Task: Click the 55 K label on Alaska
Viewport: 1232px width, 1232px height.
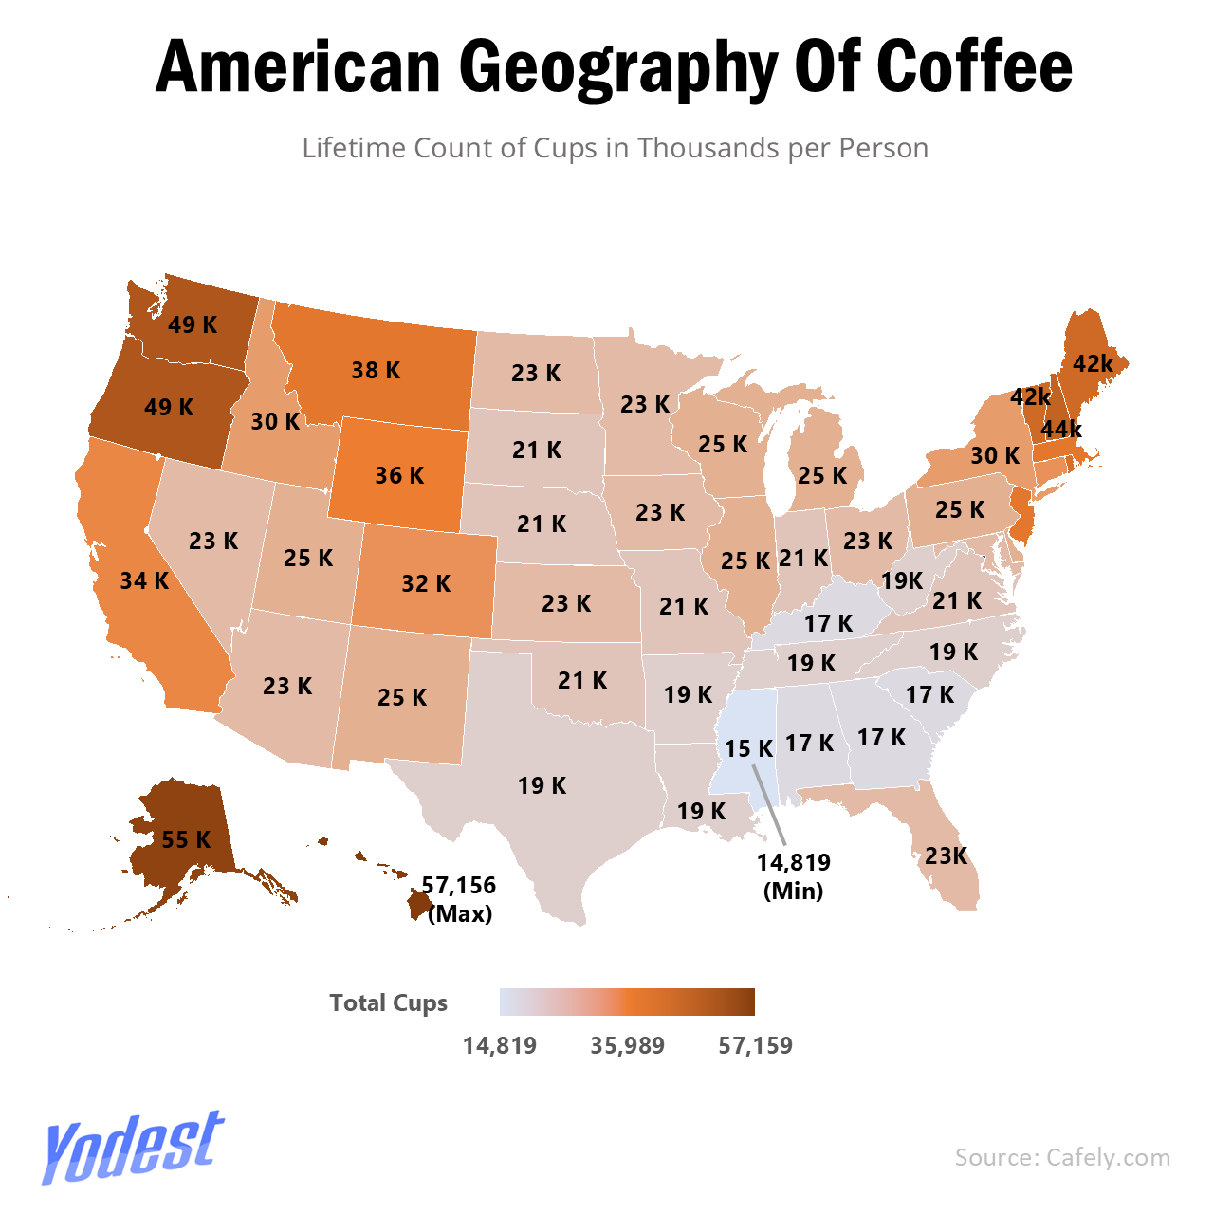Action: click(x=187, y=839)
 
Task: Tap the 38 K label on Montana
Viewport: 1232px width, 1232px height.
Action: click(x=376, y=371)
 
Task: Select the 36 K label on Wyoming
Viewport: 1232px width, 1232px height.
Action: click(x=399, y=475)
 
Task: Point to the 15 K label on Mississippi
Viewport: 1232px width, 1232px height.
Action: click(x=748, y=749)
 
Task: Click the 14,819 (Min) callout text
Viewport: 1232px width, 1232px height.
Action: click(x=794, y=876)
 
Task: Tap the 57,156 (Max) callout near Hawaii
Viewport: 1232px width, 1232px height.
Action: click(x=460, y=899)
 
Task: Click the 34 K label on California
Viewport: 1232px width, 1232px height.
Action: click(x=144, y=580)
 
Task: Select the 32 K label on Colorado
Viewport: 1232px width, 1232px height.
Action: click(x=426, y=583)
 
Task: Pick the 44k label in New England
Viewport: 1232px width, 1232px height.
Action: click(x=1061, y=430)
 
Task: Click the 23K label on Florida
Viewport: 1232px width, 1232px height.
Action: click(x=947, y=856)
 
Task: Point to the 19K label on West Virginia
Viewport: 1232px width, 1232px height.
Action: click(x=902, y=580)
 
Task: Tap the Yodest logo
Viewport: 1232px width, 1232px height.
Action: click(x=133, y=1147)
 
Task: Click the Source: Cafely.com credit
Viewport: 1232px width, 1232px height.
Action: click(x=1062, y=1157)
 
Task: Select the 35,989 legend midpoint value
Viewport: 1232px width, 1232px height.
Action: click(x=627, y=1046)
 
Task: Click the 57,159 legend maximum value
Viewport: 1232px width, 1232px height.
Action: click(x=755, y=1046)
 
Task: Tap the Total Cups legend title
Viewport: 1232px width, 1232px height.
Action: click(x=388, y=1003)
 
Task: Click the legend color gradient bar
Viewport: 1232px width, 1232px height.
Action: click(x=627, y=1002)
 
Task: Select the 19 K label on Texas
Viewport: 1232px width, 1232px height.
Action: click(x=542, y=786)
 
